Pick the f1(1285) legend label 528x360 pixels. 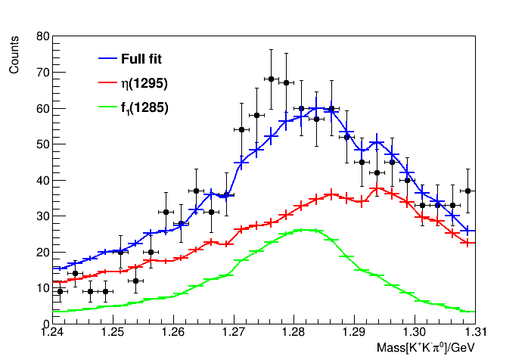144,108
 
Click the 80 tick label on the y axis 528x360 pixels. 43,36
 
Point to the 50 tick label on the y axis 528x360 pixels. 43,144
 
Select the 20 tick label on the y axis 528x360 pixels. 43,252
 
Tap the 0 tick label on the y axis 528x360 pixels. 46,324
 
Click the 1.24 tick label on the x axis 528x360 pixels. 52,333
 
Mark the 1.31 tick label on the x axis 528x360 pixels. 474,333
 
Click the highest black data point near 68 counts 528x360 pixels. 271,79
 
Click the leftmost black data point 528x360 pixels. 61,291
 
